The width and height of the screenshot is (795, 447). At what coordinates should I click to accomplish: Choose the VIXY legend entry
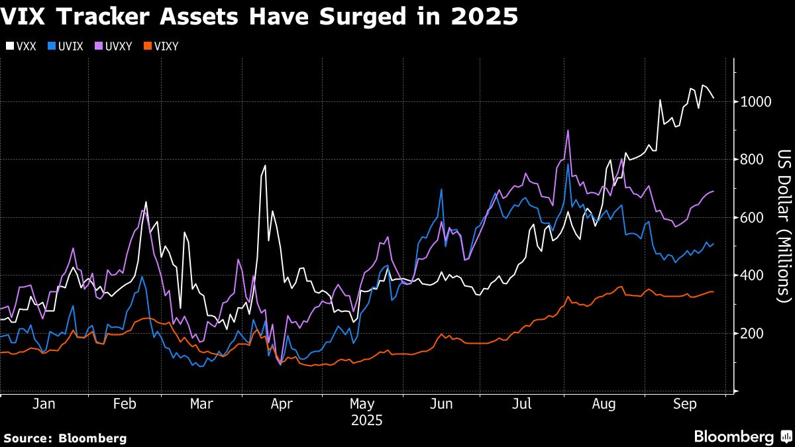(161, 46)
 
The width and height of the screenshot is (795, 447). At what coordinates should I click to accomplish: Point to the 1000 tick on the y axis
(755, 102)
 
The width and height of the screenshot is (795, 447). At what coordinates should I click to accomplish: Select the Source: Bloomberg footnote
(65, 438)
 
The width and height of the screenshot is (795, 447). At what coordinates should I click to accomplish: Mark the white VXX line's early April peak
(266, 166)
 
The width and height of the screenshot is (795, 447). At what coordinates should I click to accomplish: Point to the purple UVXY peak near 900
(568, 130)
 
